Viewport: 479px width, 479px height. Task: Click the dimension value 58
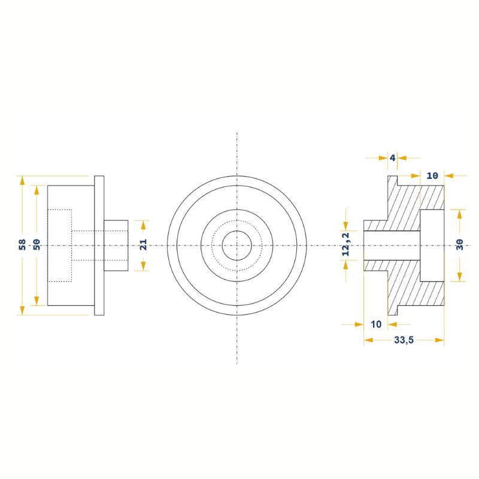pos(22,245)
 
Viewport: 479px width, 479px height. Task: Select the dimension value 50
pos(37,245)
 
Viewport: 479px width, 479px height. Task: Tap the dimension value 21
pos(143,245)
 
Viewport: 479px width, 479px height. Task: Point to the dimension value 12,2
pos(346,244)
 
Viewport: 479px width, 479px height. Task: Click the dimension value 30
pos(460,245)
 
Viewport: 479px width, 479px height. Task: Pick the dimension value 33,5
pos(404,340)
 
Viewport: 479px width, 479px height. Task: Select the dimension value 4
pos(393,158)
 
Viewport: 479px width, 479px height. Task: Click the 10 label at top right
pos(432,175)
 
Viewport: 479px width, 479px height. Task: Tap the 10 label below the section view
pos(376,324)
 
